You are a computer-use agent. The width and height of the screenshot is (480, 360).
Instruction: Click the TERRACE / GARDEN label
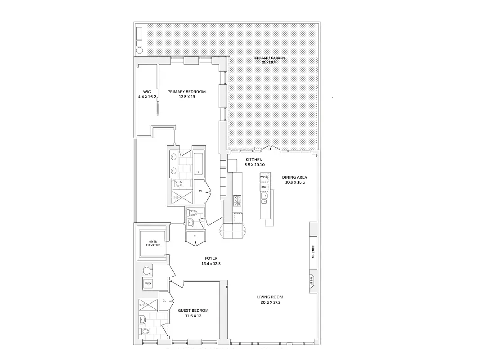(x=273, y=58)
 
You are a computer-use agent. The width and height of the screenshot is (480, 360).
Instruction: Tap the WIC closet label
(x=147, y=92)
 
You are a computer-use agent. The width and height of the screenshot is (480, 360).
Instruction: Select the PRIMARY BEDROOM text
(x=186, y=92)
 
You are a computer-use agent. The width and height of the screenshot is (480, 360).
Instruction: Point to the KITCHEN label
(x=254, y=160)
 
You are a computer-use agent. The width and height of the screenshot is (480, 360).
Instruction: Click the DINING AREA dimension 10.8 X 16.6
(x=294, y=182)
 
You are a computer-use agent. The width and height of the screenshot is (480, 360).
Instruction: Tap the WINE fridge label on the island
(x=264, y=177)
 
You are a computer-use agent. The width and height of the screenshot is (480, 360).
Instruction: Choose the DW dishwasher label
(x=265, y=187)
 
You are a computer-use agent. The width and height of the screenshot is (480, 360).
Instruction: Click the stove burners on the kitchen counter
(x=237, y=201)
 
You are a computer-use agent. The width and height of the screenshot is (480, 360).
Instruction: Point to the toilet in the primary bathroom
(x=178, y=184)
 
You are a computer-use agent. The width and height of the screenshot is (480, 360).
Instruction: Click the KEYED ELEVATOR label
(x=153, y=243)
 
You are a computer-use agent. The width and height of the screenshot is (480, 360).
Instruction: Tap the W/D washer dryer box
(x=148, y=283)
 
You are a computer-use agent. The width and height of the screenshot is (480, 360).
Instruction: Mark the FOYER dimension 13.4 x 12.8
(x=211, y=264)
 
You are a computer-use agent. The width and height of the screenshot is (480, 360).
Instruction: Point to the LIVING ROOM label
(x=270, y=297)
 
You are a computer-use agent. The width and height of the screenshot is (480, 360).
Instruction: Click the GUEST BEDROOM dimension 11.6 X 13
(x=193, y=316)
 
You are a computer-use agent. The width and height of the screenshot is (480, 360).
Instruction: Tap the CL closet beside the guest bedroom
(x=164, y=301)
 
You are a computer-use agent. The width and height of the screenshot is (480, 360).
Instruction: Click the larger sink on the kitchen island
(x=265, y=196)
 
